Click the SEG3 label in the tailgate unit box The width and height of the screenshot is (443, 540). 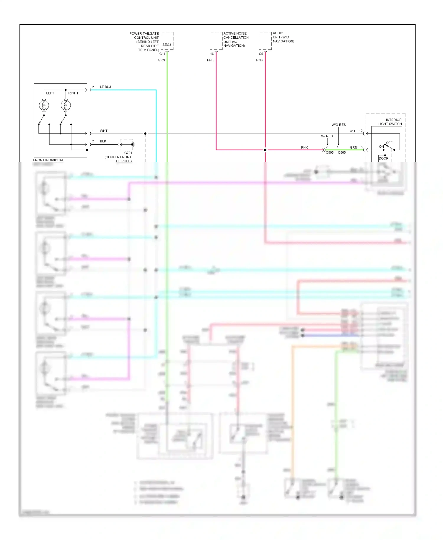167,45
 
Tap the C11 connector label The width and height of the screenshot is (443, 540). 162,54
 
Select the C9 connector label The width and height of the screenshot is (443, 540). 261,54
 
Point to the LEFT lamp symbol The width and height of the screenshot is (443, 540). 44,105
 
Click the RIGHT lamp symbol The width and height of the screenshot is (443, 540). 66,105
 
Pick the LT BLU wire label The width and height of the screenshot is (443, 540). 105,87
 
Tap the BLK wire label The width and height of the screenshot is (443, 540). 103,141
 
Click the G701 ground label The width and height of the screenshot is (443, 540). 128,153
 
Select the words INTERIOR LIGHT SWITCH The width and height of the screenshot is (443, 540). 390,122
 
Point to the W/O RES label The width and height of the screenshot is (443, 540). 338,125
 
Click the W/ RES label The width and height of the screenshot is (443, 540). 327,136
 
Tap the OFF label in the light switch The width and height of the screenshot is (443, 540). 389,143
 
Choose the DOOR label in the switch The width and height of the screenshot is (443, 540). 383,158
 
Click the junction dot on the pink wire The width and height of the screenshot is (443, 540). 265,150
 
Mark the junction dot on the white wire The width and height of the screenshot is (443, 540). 145,134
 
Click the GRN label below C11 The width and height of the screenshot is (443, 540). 161,60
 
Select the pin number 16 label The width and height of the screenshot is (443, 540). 212,54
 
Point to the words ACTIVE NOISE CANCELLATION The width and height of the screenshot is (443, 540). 236,35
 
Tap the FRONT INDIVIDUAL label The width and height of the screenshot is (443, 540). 48,160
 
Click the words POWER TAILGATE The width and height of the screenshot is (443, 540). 144,33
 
